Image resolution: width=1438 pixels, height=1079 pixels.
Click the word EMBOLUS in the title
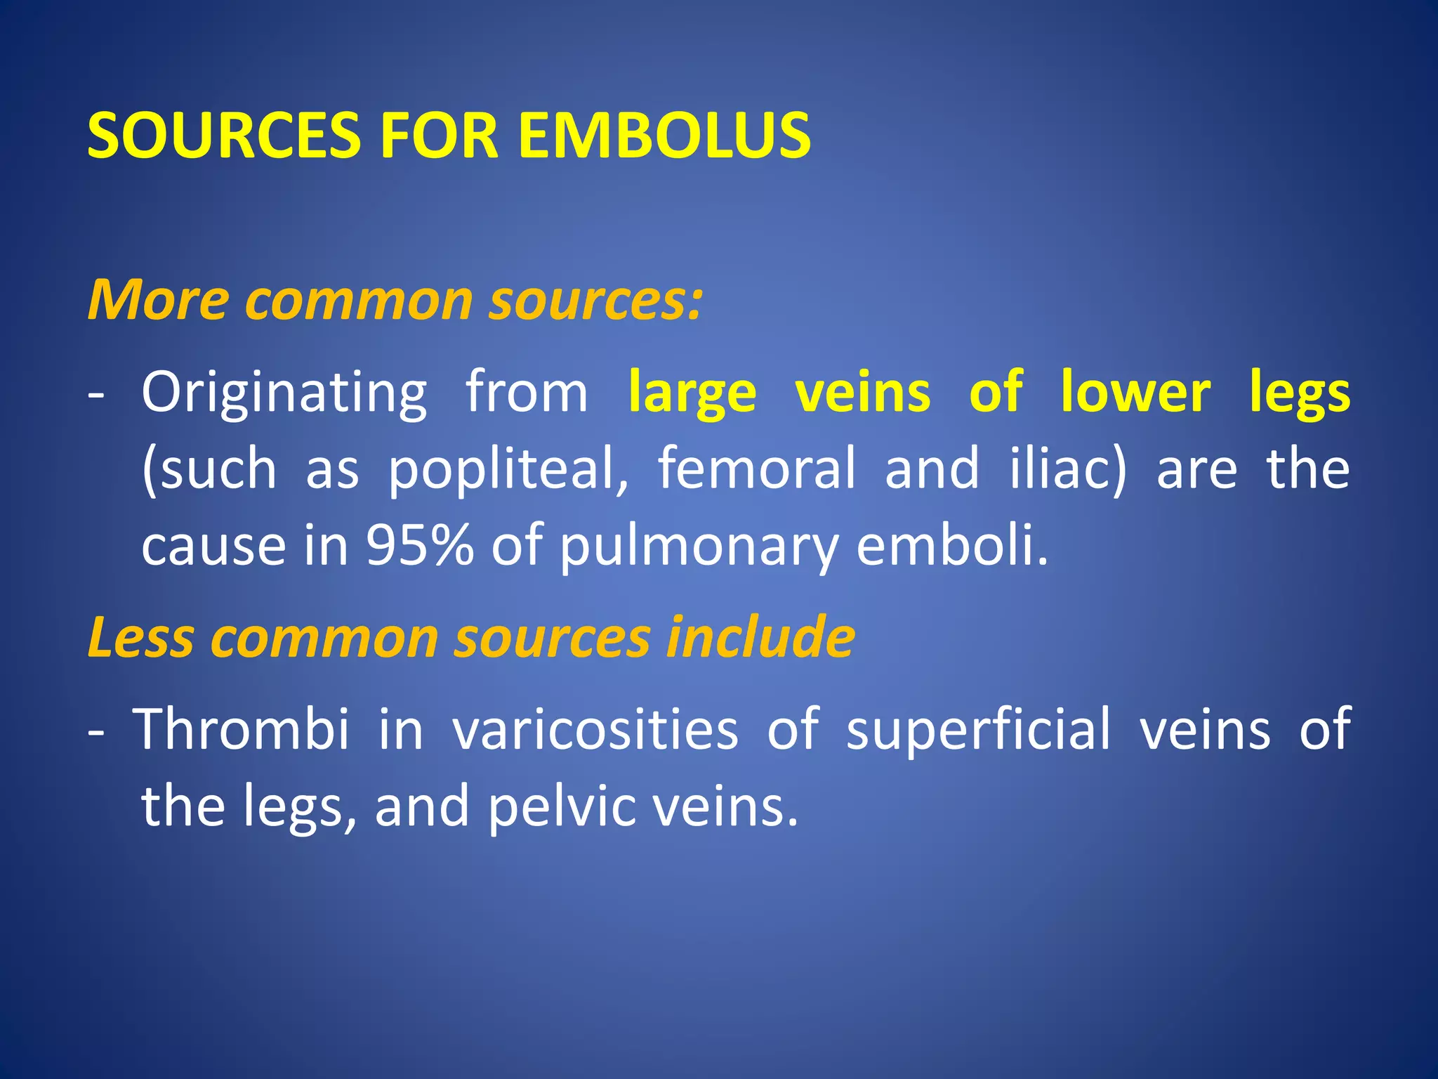click(664, 135)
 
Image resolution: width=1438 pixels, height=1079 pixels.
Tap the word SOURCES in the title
click(223, 135)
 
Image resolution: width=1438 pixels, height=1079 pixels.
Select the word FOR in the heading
click(439, 135)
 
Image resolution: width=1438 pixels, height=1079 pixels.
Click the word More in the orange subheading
click(158, 300)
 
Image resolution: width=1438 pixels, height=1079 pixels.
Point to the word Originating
click(284, 393)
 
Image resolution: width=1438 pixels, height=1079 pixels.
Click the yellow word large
click(692, 393)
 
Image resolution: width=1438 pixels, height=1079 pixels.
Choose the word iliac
click(1068, 469)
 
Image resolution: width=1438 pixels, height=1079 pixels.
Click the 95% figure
click(420, 546)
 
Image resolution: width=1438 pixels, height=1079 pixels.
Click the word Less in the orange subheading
click(141, 637)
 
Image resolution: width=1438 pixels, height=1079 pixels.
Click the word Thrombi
click(242, 728)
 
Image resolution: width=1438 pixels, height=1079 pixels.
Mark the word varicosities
click(595, 728)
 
